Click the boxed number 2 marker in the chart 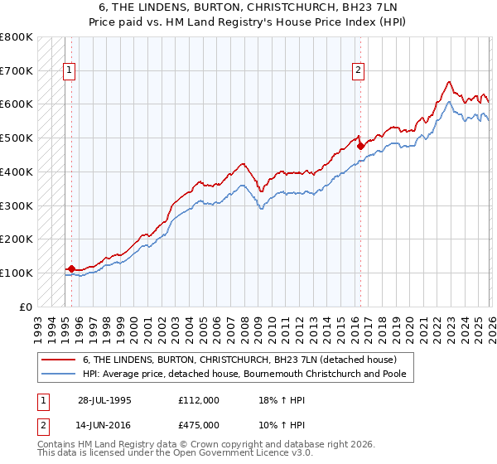(x=359, y=71)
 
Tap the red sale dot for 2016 (x=361, y=146)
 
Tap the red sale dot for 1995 (x=71, y=268)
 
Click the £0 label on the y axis (x=27, y=307)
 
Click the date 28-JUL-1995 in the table (x=104, y=399)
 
